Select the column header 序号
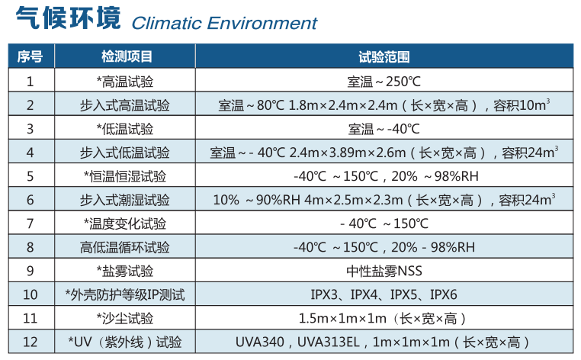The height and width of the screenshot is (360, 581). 30,56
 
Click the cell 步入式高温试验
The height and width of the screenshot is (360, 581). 125,104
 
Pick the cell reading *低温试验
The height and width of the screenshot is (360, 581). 125,128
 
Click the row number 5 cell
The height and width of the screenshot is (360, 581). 30,176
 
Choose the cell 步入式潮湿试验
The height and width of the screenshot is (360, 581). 125,200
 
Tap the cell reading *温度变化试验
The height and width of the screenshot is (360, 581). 125,223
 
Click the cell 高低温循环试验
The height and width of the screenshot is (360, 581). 125,247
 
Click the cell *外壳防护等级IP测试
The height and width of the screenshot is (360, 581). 125,294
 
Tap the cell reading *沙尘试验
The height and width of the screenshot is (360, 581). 125,318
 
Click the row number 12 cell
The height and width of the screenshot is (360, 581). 30,342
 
